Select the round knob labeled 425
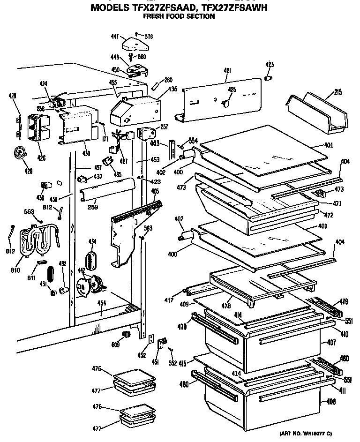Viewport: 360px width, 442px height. coord(227,102)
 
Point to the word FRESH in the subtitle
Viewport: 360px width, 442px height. coord(152,16)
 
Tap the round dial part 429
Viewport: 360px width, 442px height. coord(19,153)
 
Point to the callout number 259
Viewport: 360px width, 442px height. coord(92,207)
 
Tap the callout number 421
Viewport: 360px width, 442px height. coord(227,71)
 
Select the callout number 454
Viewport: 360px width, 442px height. coord(101,303)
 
